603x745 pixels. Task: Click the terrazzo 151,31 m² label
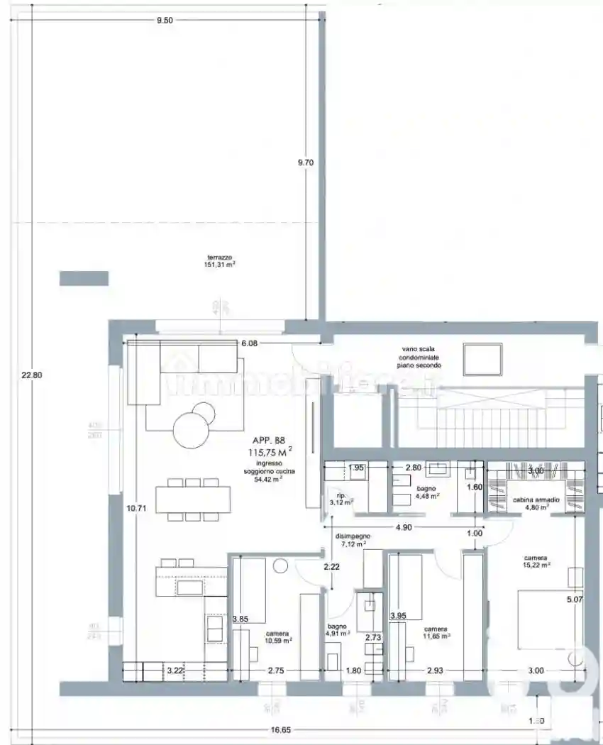coord(220,261)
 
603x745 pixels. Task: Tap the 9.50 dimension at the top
coord(164,20)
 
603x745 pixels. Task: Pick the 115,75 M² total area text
coord(270,451)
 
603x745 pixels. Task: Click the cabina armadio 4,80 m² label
coord(536,504)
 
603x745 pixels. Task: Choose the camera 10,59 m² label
coord(279,637)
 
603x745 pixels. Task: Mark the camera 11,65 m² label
coord(436,633)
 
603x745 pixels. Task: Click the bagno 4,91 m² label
coord(337,630)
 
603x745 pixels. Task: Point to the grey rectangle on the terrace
coord(84,278)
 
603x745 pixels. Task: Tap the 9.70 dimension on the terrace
coord(305,162)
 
